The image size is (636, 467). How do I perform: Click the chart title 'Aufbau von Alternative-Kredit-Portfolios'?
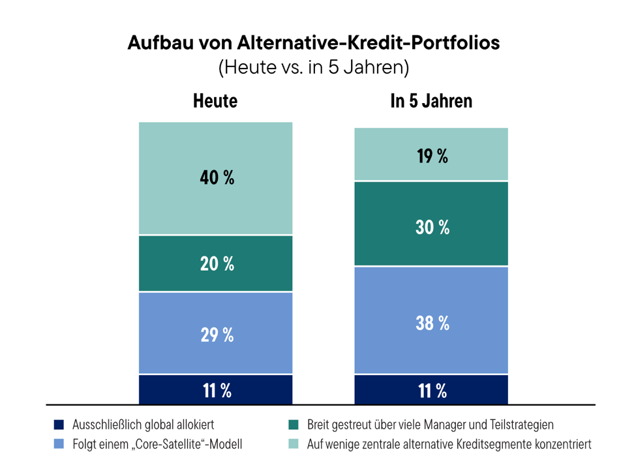point(314,42)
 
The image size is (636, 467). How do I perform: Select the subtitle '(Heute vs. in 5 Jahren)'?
point(314,67)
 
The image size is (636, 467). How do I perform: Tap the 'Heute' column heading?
point(215,101)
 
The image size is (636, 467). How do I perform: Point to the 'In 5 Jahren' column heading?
point(431,101)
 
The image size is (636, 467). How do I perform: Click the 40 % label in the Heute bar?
point(217,177)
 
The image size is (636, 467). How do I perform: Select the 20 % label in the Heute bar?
point(217,264)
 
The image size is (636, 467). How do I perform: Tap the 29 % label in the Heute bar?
point(217,335)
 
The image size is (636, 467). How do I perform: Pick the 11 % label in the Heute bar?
point(217,391)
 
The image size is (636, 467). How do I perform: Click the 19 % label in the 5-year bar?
point(432,156)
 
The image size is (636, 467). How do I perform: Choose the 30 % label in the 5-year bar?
point(432,227)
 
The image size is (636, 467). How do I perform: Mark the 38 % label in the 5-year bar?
point(432,324)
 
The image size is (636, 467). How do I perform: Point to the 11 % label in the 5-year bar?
point(432,391)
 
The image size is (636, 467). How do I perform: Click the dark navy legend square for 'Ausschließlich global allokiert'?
point(59,425)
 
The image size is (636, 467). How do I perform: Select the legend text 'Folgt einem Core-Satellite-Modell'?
point(157,444)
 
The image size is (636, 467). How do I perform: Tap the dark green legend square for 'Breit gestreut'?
point(294,425)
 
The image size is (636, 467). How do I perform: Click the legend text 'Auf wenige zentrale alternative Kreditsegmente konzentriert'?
point(449,444)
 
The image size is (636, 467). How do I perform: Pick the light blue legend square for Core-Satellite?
point(59,444)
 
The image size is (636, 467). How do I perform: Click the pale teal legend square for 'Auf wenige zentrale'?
point(294,444)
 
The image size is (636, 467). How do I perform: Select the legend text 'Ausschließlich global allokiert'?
point(143,425)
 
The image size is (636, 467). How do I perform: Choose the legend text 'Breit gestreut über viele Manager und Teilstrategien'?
point(431,425)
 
